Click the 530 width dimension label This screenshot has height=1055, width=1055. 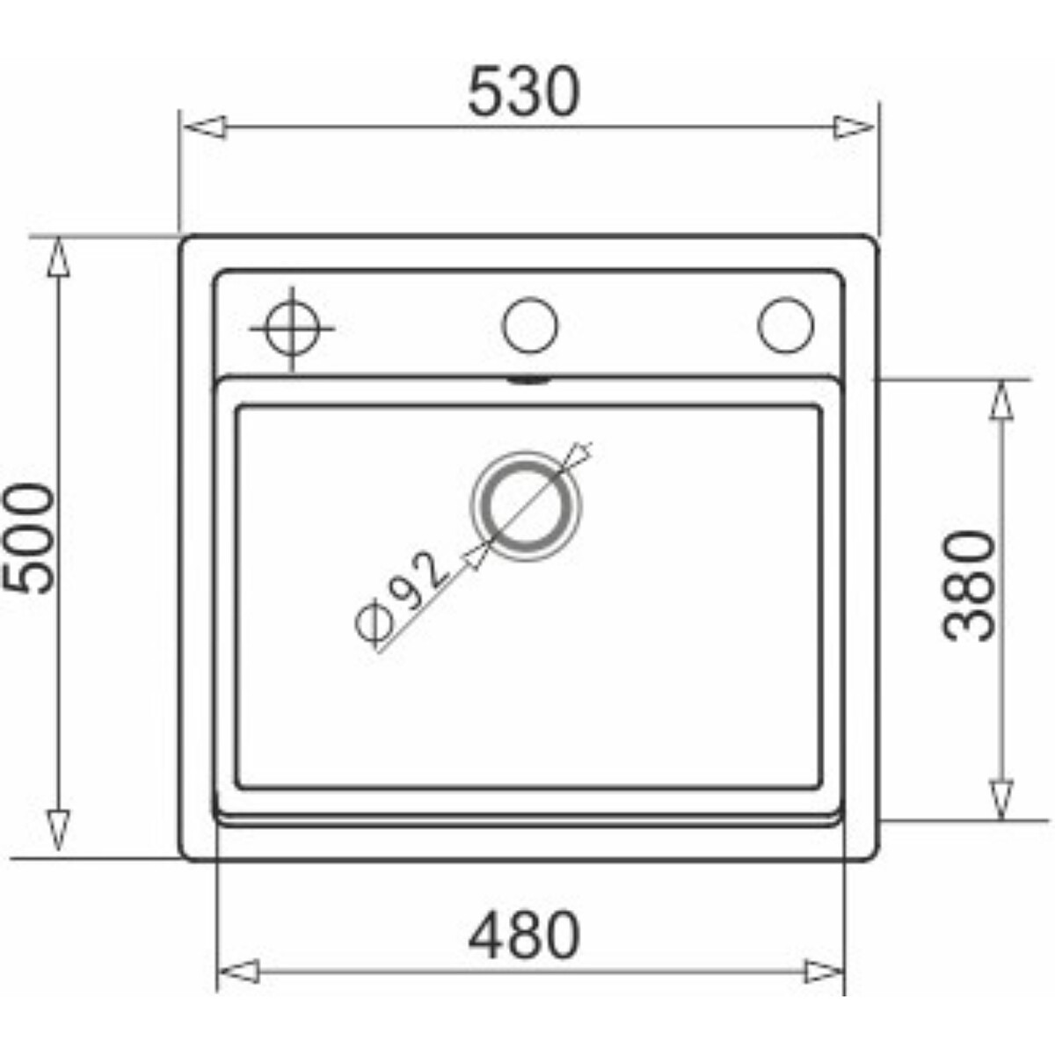click(x=523, y=91)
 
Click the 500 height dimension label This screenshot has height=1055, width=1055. click(x=29, y=539)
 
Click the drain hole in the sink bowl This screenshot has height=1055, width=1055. click(x=525, y=506)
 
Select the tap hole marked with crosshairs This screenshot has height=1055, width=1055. click(x=292, y=329)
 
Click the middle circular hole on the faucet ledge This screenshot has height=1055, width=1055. click(x=529, y=325)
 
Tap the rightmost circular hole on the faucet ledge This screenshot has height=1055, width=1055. click(x=786, y=325)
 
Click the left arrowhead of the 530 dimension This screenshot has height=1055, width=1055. click(x=205, y=127)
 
